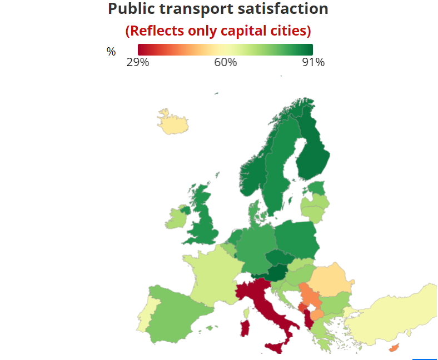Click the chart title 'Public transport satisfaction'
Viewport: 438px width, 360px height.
218,9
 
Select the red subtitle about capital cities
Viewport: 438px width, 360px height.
218,30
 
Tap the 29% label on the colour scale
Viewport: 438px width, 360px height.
138,62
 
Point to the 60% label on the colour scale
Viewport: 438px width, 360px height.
226,62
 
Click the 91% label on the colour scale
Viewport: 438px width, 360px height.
313,62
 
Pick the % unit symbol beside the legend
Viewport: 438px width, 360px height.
111,52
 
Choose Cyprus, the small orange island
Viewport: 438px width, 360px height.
395,348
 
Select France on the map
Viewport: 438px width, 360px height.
211,272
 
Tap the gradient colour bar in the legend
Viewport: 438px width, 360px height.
225,49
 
